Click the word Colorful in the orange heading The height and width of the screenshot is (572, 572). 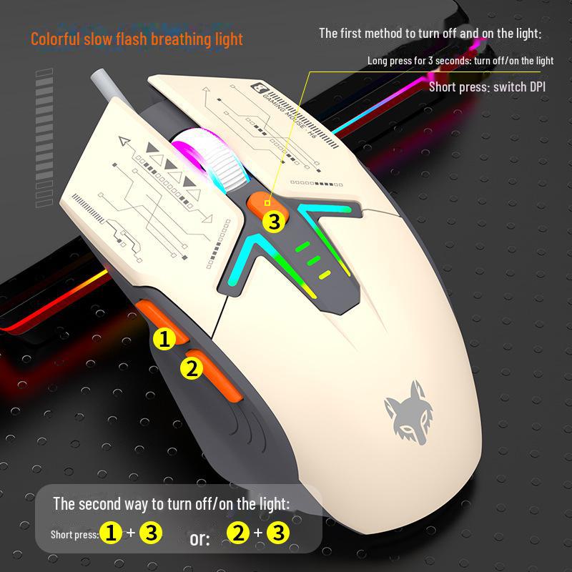pos(55,39)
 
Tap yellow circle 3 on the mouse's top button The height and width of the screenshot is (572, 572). pos(274,221)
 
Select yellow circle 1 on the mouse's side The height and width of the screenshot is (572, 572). pos(164,338)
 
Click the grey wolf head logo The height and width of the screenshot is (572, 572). pos(408,413)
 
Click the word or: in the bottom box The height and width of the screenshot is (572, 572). pos(200,538)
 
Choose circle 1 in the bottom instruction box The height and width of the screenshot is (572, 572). pos(111,533)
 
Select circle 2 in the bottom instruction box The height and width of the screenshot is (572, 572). pos(238,533)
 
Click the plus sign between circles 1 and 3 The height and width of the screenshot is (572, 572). pos(131,533)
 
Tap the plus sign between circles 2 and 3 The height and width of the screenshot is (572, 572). pos(258,533)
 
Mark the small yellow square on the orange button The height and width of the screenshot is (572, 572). pos(267,203)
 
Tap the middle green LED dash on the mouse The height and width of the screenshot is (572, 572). pos(314,260)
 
